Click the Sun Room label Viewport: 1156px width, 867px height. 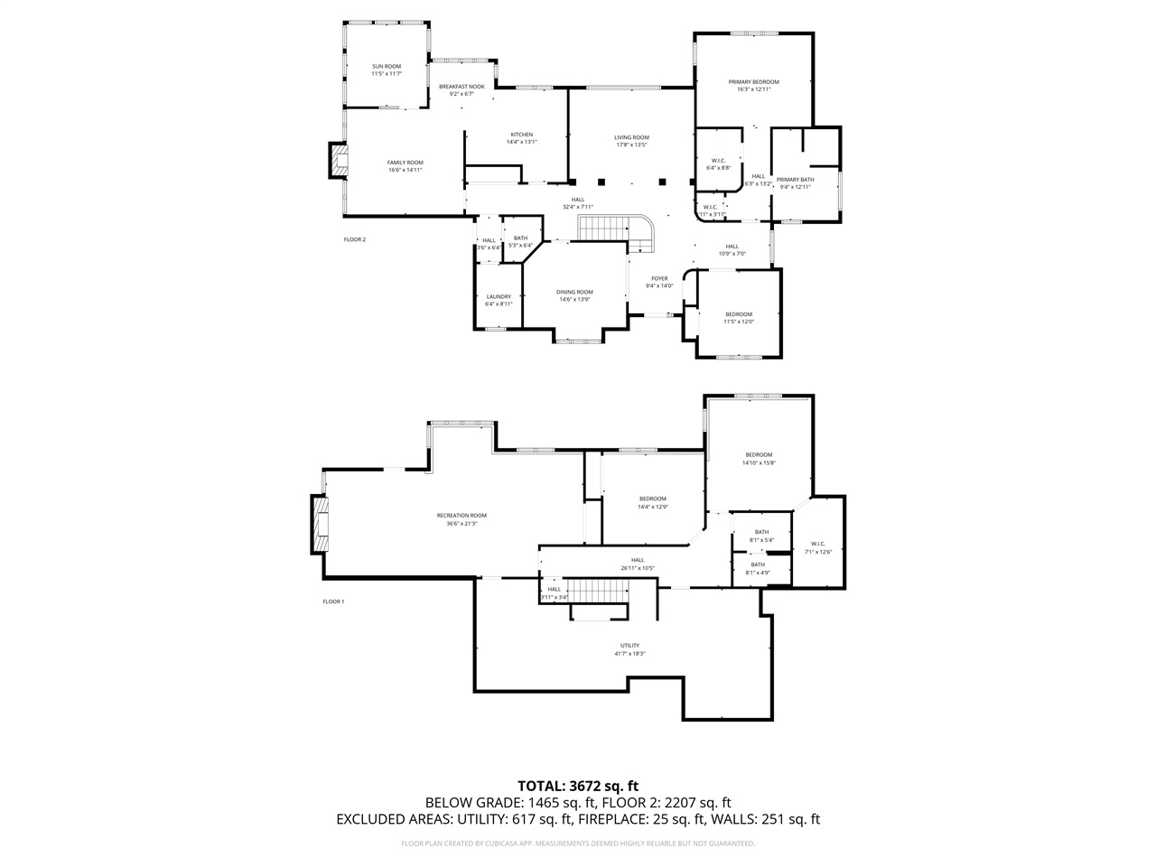[x=386, y=70]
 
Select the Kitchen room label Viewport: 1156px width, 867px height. [x=521, y=138]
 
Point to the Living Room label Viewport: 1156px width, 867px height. [x=632, y=141]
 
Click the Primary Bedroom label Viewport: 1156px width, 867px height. [x=753, y=85]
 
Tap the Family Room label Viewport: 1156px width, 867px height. [x=406, y=166]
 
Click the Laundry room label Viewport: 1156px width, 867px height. [x=499, y=300]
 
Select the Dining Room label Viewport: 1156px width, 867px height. [x=574, y=295]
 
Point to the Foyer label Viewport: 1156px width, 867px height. [x=659, y=282]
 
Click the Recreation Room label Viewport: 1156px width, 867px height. [x=461, y=519]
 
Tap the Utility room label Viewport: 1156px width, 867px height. [x=629, y=649]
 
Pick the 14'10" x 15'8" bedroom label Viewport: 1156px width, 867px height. [x=759, y=458]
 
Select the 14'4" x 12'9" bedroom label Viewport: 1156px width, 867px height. [x=653, y=502]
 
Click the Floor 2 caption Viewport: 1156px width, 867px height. [x=355, y=239]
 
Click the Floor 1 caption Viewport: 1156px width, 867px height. [x=334, y=601]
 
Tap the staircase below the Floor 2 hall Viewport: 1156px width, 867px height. [x=603, y=230]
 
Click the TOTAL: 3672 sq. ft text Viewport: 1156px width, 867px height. [x=578, y=786]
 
